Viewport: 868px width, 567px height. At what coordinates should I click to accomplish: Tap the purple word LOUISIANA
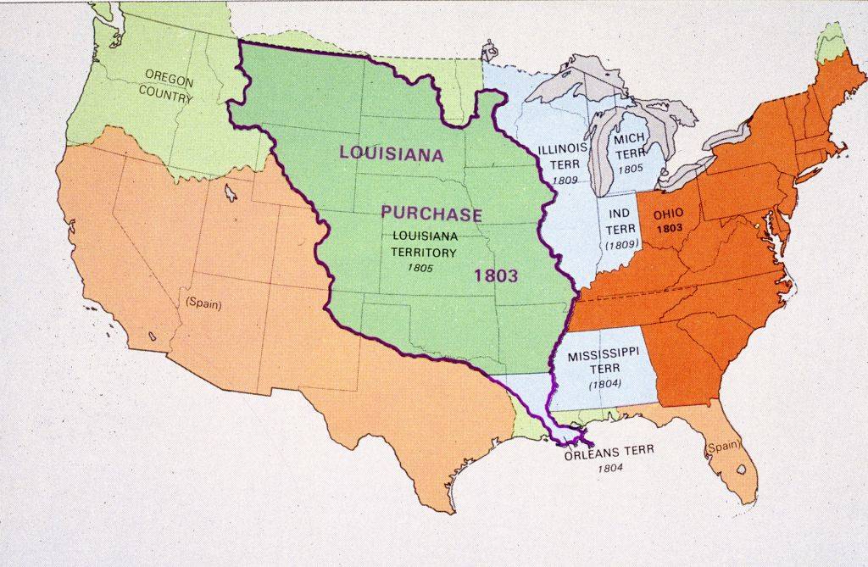(x=392, y=153)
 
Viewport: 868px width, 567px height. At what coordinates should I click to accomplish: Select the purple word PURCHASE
(x=431, y=214)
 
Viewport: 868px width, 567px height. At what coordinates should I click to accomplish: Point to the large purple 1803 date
(x=496, y=275)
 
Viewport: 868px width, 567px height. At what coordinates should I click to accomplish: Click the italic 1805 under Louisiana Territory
(x=420, y=268)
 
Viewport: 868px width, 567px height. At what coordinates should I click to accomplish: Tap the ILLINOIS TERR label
(x=564, y=156)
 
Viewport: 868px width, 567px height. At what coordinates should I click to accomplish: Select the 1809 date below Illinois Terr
(x=564, y=180)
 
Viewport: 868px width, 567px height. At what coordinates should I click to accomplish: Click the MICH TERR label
(x=630, y=145)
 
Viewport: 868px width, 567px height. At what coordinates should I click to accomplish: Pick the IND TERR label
(x=618, y=220)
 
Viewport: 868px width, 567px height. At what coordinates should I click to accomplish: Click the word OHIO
(x=668, y=214)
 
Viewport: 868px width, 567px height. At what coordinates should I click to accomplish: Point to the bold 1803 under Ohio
(x=668, y=229)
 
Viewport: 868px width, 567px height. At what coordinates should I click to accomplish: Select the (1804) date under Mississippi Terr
(x=605, y=384)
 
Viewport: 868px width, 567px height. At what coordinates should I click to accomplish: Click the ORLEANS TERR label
(x=609, y=452)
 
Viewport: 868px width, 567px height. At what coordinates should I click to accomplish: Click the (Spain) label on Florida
(x=723, y=446)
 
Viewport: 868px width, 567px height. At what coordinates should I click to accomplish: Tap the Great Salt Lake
(x=231, y=194)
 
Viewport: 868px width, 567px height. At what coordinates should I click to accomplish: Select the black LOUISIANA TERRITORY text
(x=423, y=243)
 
